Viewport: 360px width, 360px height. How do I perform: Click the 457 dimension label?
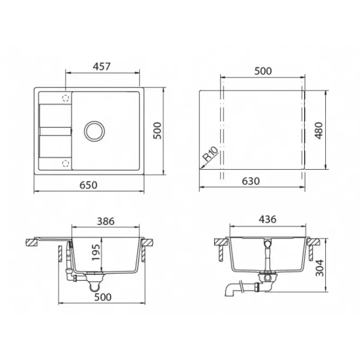click(102, 66)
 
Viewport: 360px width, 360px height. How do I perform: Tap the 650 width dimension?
click(88, 185)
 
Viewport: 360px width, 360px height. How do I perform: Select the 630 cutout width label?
click(251, 181)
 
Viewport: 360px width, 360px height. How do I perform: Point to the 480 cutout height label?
click(319, 130)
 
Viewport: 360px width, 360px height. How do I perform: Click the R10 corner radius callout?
click(210, 153)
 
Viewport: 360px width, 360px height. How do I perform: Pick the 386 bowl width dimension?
click(106, 221)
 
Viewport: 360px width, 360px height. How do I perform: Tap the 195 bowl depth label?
click(96, 252)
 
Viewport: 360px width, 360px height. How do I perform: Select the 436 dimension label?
click(267, 220)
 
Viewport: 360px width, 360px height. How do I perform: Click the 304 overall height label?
click(319, 268)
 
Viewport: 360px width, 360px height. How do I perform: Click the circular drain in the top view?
click(94, 131)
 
